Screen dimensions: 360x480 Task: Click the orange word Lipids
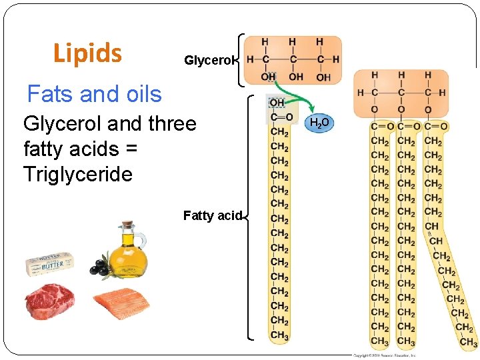pos(87,53)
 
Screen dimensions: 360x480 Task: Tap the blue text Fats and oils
pos(94,94)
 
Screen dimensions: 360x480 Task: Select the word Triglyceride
pos(78,175)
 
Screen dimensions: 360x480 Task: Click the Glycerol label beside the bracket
pos(209,61)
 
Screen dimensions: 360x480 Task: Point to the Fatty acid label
pos(211,215)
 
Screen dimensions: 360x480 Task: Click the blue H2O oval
pos(319,123)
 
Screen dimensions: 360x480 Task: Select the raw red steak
pos(49,302)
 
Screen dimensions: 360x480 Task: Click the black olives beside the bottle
pos(100,266)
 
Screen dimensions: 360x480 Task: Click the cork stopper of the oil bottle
pos(127,225)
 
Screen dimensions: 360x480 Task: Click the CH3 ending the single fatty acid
pos(279,335)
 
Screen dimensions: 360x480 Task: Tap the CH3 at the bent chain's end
pos(468,342)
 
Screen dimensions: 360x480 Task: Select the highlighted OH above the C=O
pos(277,103)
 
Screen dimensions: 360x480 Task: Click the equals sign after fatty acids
pos(131,149)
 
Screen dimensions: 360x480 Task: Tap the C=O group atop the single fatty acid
pos(281,117)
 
